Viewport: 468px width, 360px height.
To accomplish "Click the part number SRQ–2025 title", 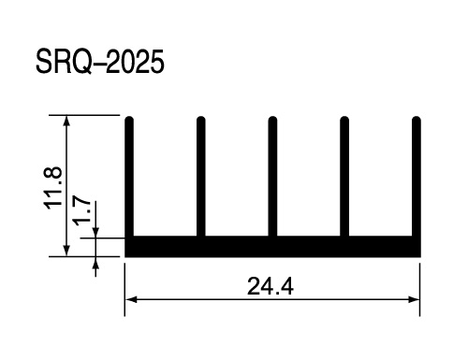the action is click(x=100, y=62).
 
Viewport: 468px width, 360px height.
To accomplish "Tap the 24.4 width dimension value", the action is click(x=271, y=286).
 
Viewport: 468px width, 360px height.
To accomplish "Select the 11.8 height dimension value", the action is click(x=53, y=188).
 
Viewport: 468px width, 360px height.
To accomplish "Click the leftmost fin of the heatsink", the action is click(x=129, y=177).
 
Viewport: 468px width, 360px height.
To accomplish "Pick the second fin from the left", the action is click(x=201, y=177).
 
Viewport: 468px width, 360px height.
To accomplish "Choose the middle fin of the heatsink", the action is click(x=272, y=177).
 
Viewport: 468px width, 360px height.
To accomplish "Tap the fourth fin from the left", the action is click(x=344, y=177).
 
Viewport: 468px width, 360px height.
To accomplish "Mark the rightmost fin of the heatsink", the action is click(x=417, y=177).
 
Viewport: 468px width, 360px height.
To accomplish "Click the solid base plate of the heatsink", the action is click(x=272, y=247).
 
